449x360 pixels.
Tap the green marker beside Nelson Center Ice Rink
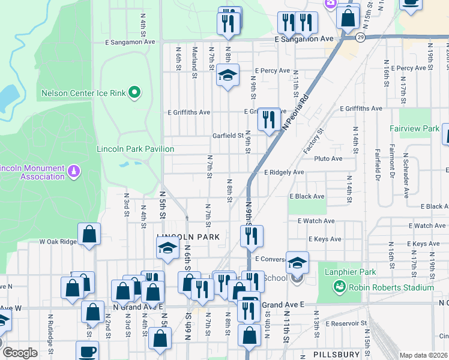[x=134, y=92]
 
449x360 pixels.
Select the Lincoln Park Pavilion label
[x=136, y=149]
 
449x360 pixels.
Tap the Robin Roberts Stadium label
[x=382, y=287]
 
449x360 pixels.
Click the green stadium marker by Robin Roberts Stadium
[x=340, y=287]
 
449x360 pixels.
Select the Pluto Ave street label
[x=328, y=158]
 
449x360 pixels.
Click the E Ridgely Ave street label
[x=284, y=172]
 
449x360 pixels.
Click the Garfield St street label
[x=228, y=136]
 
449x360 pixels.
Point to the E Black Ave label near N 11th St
[x=307, y=196]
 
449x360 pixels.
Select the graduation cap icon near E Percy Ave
[x=228, y=76]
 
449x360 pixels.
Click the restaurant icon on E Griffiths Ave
[x=268, y=119]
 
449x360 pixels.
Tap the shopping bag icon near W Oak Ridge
[x=89, y=235]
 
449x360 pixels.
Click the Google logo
[x=20, y=353]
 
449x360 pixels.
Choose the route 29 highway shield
[x=360, y=37]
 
